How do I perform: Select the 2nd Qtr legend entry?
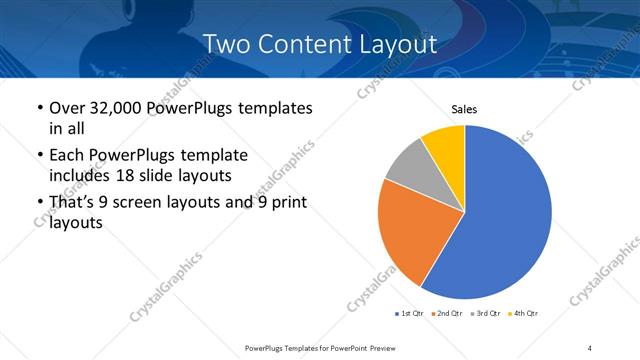coord(445,314)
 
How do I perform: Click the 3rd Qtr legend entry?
coord(483,314)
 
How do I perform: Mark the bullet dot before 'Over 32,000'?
coord(39,108)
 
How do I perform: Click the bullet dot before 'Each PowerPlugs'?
coord(39,156)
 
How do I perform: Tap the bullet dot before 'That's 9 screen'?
coord(39,204)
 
